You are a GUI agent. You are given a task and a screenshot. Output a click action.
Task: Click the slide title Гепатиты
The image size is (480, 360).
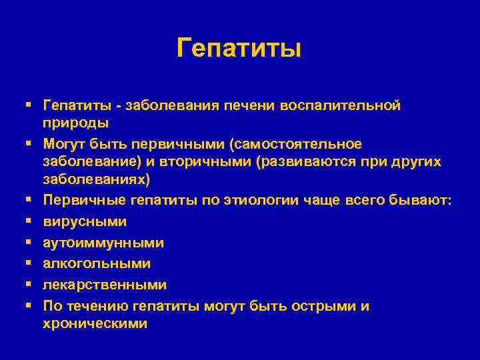click(239, 48)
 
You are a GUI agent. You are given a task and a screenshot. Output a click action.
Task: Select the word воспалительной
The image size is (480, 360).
click(341, 105)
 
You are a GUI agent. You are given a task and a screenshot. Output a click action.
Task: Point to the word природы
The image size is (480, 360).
click(75, 123)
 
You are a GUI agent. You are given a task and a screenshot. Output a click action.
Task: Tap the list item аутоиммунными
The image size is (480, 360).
click(103, 242)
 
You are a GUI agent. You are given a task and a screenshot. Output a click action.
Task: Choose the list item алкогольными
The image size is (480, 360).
click(97, 263)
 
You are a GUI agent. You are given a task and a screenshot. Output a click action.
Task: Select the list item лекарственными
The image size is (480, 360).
click(105, 285)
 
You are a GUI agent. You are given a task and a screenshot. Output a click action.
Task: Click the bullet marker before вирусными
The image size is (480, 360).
click(31, 221)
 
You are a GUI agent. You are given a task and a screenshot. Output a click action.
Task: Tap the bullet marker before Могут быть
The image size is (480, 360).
click(31, 143)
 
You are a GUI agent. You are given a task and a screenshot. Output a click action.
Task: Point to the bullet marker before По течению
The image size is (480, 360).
click(31, 306)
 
